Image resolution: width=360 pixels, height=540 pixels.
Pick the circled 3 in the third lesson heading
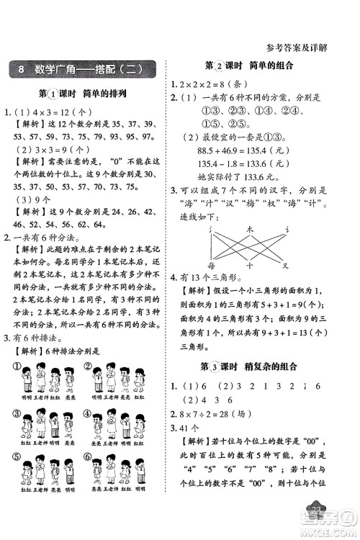click(220, 366)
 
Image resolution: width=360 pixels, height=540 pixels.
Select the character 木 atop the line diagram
click(249, 229)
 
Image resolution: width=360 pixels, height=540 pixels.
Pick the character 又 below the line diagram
click(284, 264)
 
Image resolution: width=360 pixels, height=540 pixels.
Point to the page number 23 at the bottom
click(317, 529)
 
